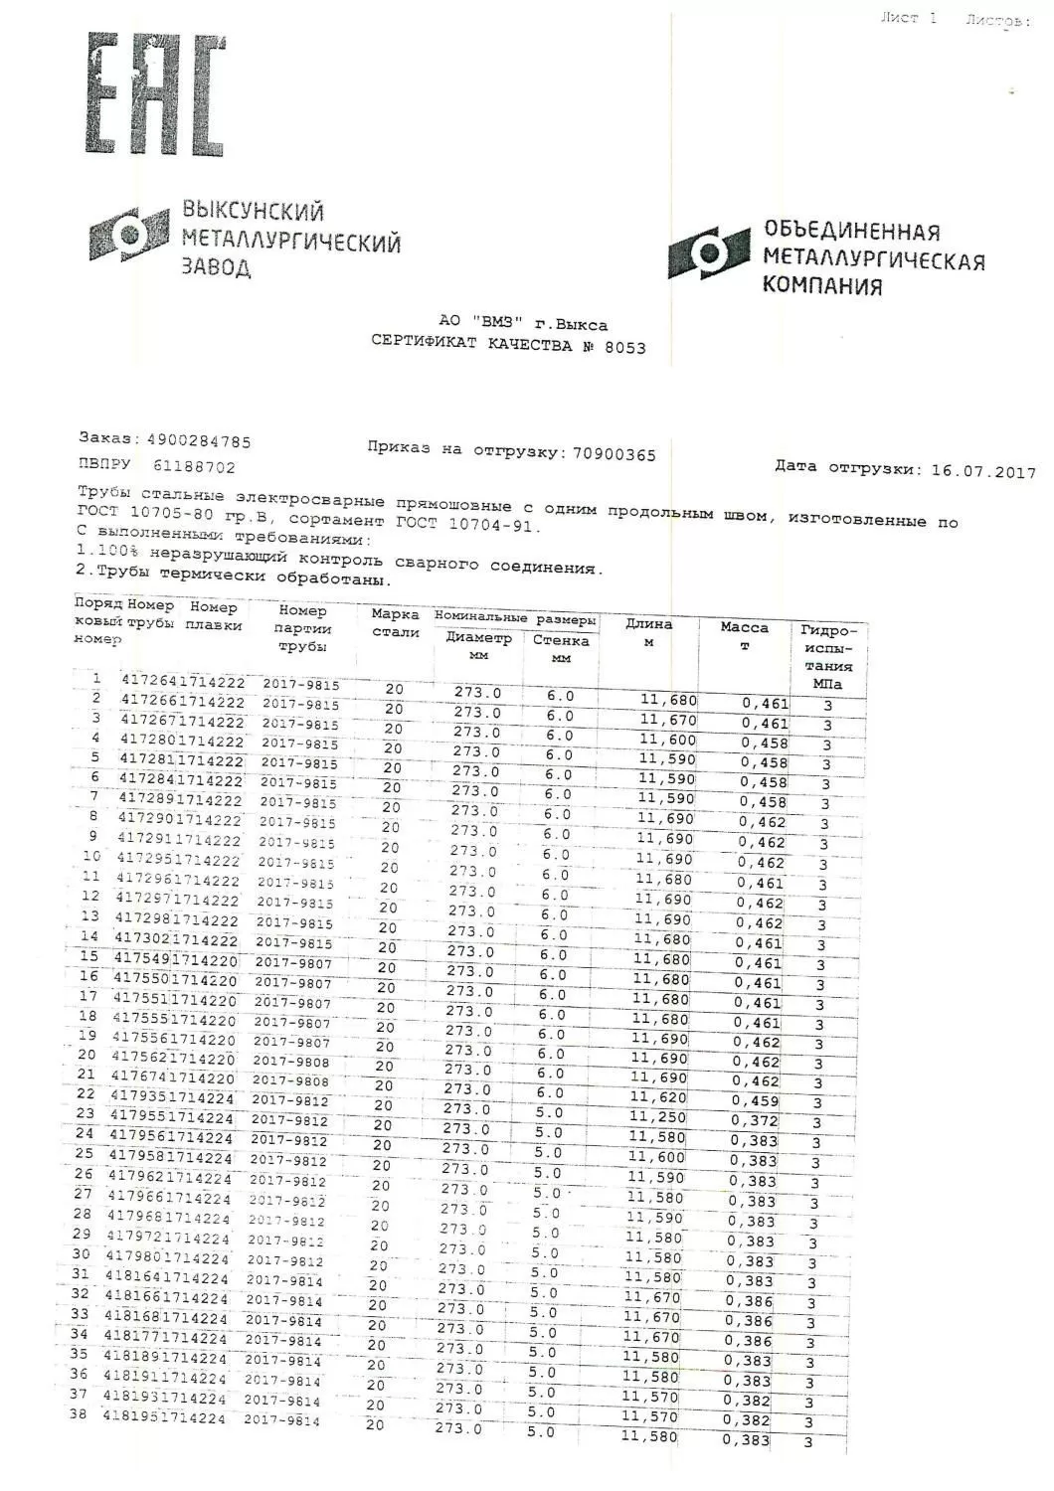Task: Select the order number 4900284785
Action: point(199,441)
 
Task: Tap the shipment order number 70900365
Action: point(614,454)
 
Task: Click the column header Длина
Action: point(648,624)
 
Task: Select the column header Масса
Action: point(745,628)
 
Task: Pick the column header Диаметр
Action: point(478,638)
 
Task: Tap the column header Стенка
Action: point(560,641)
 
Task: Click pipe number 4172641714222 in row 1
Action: point(182,682)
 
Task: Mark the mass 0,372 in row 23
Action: point(755,1120)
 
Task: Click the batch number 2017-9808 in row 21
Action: point(289,1080)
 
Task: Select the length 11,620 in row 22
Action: point(658,1097)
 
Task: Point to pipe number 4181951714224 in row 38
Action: point(165,1417)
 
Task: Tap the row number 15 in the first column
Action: point(89,957)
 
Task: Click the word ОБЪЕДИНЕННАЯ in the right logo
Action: point(851,231)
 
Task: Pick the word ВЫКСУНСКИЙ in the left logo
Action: point(253,211)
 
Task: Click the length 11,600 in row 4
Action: point(667,740)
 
